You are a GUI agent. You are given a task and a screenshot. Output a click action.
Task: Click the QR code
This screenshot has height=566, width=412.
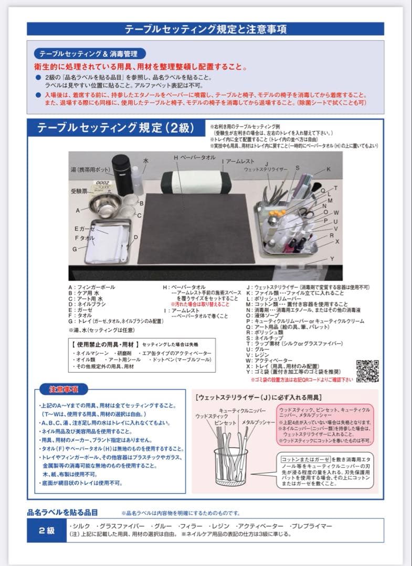click(x=367, y=371)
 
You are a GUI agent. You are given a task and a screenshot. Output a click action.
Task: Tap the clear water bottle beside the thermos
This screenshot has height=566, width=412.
click(x=137, y=178)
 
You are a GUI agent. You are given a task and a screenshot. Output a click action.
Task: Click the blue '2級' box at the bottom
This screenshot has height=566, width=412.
click(x=47, y=530)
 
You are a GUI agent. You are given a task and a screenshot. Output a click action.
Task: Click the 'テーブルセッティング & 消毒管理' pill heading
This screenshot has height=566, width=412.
click(x=89, y=54)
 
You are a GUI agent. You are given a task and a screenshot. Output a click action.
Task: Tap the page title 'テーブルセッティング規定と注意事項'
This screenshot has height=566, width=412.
click(x=205, y=29)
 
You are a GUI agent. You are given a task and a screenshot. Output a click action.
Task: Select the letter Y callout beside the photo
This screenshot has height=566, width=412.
click(x=332, y=259)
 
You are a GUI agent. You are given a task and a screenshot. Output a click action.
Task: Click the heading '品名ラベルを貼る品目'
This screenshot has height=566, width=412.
click(x=62, y=512)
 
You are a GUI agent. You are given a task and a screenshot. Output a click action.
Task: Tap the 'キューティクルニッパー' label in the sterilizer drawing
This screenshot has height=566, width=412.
click(x=242, y=410)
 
